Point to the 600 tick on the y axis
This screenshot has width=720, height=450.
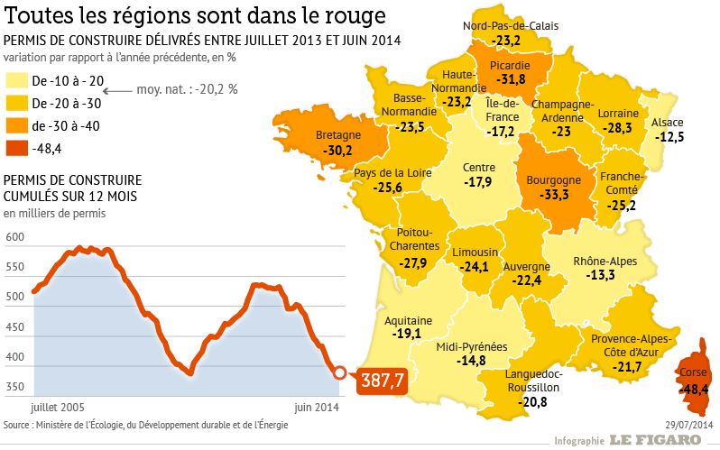[x=14, y=237]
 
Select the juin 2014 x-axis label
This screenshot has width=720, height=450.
[x=318, y=407]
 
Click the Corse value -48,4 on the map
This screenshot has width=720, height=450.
[x=694, y=389]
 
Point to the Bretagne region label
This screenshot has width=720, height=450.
[x=339, y=135]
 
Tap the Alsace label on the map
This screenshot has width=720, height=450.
[x=668, y=123]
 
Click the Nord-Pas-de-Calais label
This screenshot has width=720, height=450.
[x=511, y=26]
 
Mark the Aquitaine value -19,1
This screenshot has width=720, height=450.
[x=408, y=333]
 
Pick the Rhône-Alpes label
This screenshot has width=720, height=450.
[x=605, y=262]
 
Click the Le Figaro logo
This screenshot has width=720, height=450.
[x=654, y=439]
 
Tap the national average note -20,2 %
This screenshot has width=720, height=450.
[x=187, y=89]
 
